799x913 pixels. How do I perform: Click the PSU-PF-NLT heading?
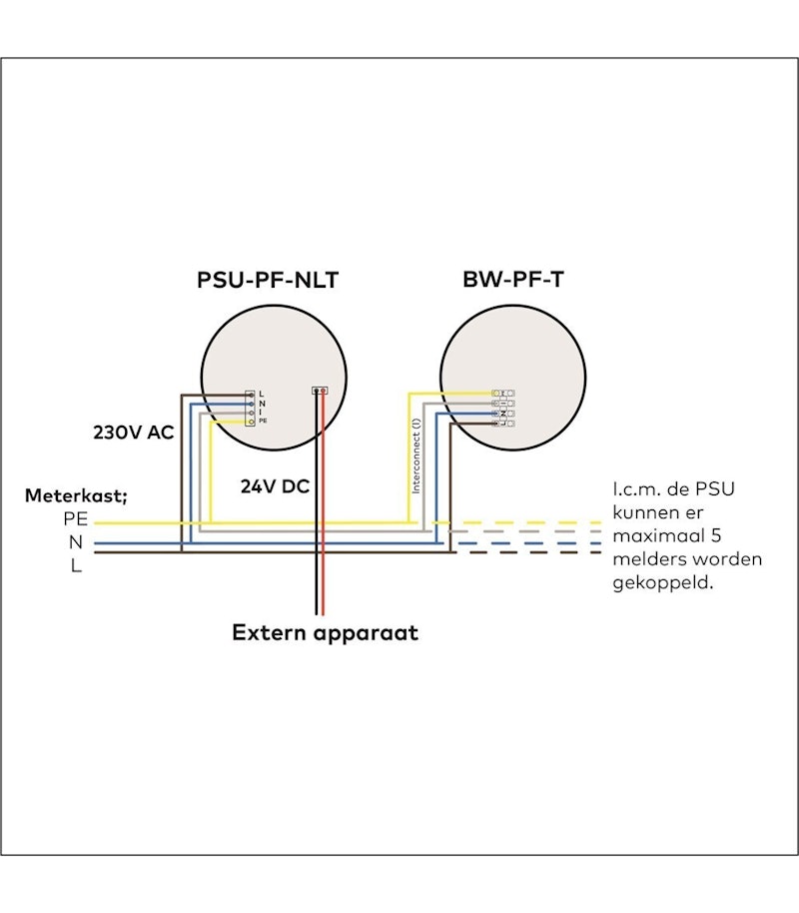point(268,281)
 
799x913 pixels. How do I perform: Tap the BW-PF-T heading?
point(512,281)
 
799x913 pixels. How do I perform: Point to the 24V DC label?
point(275,487)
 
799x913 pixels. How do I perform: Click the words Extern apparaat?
point(326,632)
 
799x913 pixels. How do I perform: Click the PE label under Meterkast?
point(75,520)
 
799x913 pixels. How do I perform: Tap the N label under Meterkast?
point(76,542)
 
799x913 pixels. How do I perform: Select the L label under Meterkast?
point(76,566)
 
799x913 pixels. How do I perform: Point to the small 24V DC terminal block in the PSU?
point(320,391)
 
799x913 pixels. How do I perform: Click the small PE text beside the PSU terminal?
point(263,423)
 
